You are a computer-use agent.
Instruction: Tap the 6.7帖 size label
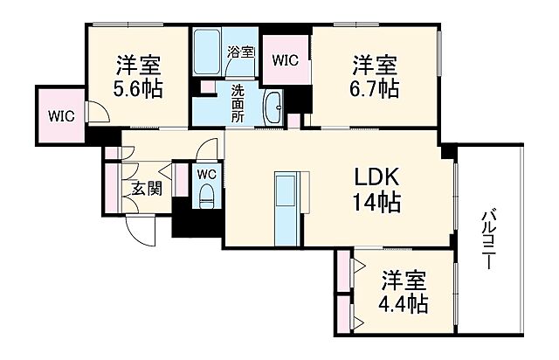pyautogui.click(x=376, y=87)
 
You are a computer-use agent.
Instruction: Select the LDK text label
pyautogui.click(x=376, y=177)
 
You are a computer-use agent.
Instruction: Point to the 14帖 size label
pyautogui.click(x=376, y=204)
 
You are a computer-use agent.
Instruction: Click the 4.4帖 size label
pyautogui.click(x=403, y=306)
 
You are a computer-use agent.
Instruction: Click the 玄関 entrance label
pyautogui.click(x=146, y=188)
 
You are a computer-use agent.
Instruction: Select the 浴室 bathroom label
pyautogui.click(x=241, y=52)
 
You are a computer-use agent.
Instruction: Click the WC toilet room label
pyautogui.click(x=207, y=174)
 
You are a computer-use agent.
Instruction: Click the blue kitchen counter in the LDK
pyautogui.click(x=286, y=210)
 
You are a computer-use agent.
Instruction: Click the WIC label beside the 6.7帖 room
pyautogui.click(x=286, y=60)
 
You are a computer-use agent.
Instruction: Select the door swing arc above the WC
pyautogui.click(x=207, y=149)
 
